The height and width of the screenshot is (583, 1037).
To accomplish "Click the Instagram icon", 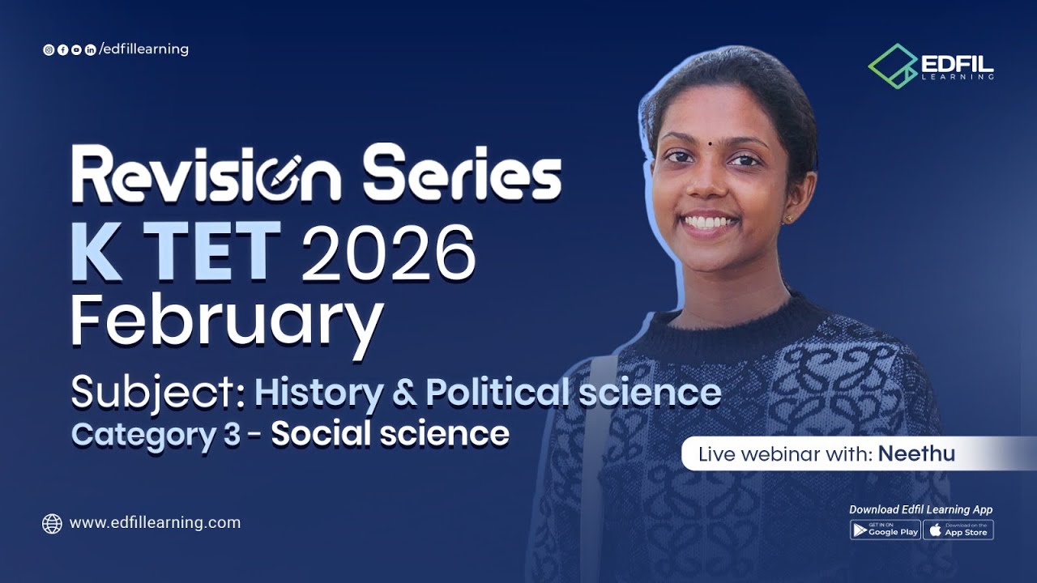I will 49,50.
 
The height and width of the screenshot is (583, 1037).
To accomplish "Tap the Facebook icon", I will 62,50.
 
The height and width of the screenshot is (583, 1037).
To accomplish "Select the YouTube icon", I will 76,50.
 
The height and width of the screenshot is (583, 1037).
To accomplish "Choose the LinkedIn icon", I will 90,50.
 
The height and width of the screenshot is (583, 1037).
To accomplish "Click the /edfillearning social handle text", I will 143,49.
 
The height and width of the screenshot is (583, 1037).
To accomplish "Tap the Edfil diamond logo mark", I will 893,66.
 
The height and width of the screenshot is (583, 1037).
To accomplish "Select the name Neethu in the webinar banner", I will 916,454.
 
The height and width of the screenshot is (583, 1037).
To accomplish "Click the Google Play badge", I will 885,530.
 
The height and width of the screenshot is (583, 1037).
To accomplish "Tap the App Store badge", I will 958,530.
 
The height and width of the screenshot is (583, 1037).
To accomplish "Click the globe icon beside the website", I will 52,524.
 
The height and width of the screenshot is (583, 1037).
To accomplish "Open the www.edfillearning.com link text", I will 155,523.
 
